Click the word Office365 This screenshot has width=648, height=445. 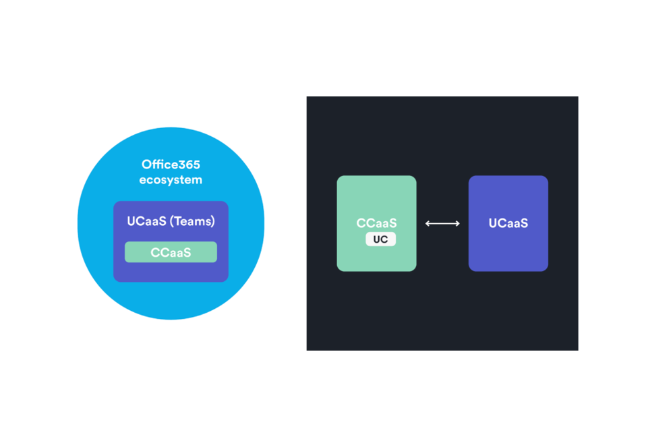[x=171, y=165]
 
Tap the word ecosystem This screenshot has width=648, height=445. [x=171, y=180]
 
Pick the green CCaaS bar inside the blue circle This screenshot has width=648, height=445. [x=171, y=252]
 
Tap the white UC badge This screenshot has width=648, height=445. [x=380, y=239]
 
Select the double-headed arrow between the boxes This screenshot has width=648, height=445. [x=442, y=223]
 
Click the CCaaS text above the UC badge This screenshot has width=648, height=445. [x=376, y=223]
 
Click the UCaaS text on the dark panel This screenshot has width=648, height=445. [x=508, y=223]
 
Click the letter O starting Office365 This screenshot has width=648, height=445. [x=146, y=165]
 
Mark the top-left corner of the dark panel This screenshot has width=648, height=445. [x=307, y=97]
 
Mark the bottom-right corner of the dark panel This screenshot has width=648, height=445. [x=577, y=349]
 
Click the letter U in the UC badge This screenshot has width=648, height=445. [x=377, y=239]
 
